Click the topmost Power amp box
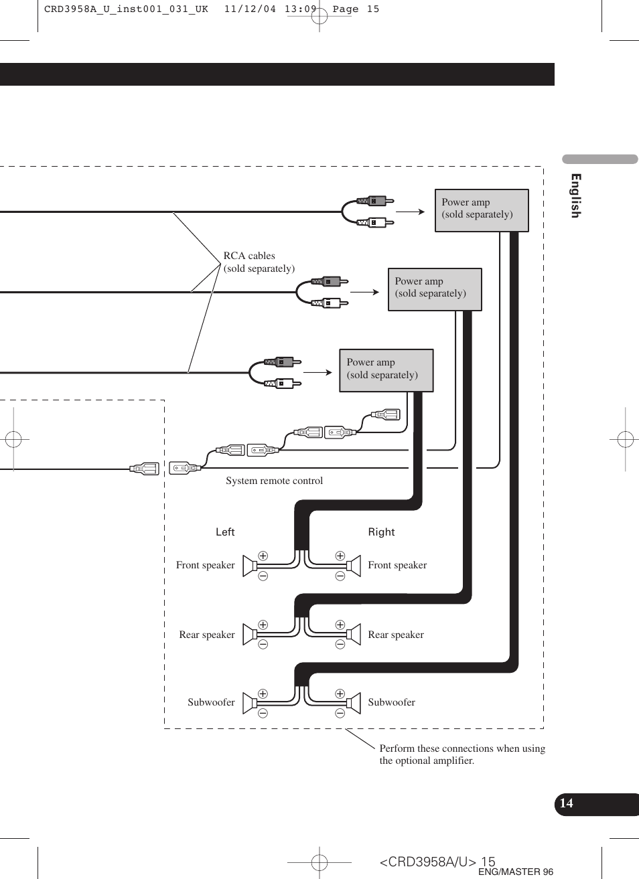(482, 210)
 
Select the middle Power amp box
(435, 289)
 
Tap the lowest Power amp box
(386, 370)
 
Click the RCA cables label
(259, 262)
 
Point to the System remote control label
(274, 481)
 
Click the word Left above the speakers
(225, 532)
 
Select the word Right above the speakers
(381, 532)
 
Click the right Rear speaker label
(396, 635)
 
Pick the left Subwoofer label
(211, 702)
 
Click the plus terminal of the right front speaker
(340, 556)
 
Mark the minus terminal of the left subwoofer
(263, 713)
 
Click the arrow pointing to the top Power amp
(411, 212)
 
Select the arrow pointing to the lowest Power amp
(317, 372)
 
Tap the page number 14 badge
(567, 803)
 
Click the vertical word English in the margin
(575, 195)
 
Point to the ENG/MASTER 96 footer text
(516, 872)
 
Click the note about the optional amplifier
(461, 754)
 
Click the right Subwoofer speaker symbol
(353, 702)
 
